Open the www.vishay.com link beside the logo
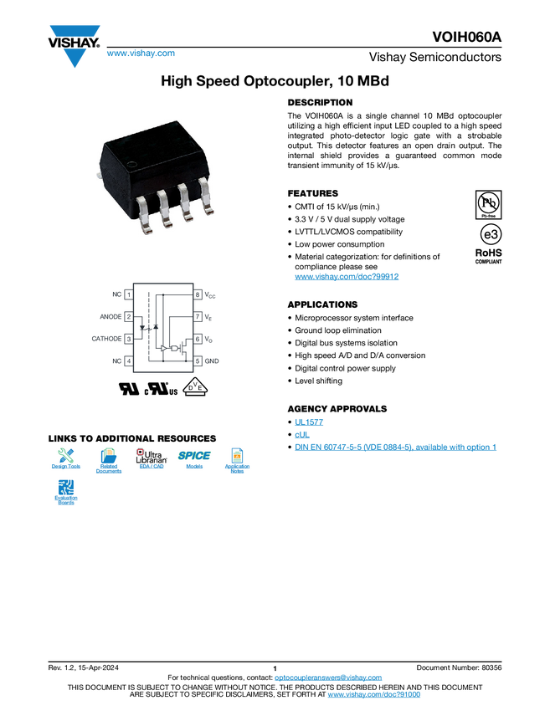click(141, 54)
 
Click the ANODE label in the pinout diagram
click(110, 317)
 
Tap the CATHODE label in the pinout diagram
click(105, 339)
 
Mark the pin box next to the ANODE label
click(128, 317)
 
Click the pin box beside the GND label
click(198, 361)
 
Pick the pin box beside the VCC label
click(198, 295)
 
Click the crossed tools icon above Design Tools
click(66, 456)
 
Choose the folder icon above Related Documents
click(109, 456)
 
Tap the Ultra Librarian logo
click(152, 457)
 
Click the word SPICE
click(194, 456)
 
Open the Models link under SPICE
click(194, 467)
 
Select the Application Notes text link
click(237, 469)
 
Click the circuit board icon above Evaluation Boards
click(66, 487)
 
